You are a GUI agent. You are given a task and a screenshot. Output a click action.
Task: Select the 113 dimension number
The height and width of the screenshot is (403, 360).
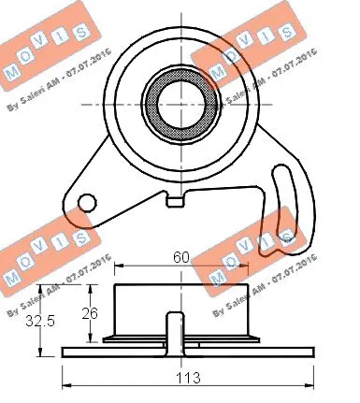click(x=180, y=379)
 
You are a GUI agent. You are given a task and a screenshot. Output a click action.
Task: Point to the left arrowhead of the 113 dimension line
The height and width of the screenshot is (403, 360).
click(x=65, y=385)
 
